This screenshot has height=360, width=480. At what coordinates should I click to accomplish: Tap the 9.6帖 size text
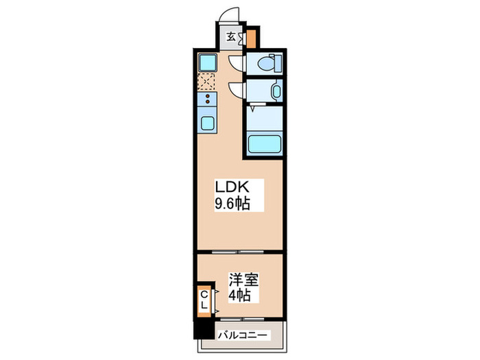(x=232, y=203)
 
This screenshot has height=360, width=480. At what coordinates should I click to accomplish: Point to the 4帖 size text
(x=240, y=296)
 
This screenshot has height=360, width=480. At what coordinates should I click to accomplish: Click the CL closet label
(x=204, y=300)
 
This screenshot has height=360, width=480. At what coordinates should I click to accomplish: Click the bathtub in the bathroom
(x=265, y=145)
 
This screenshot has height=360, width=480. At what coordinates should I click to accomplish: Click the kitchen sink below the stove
(x=206, y=124)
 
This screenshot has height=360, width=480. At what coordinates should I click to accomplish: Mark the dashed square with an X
(x=206, y=82)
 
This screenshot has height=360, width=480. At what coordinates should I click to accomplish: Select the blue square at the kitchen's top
(x=206, y=63)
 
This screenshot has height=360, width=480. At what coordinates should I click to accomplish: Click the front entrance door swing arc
(x=233, y=15)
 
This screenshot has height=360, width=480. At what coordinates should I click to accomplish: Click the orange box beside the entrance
(x=252, y=36)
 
